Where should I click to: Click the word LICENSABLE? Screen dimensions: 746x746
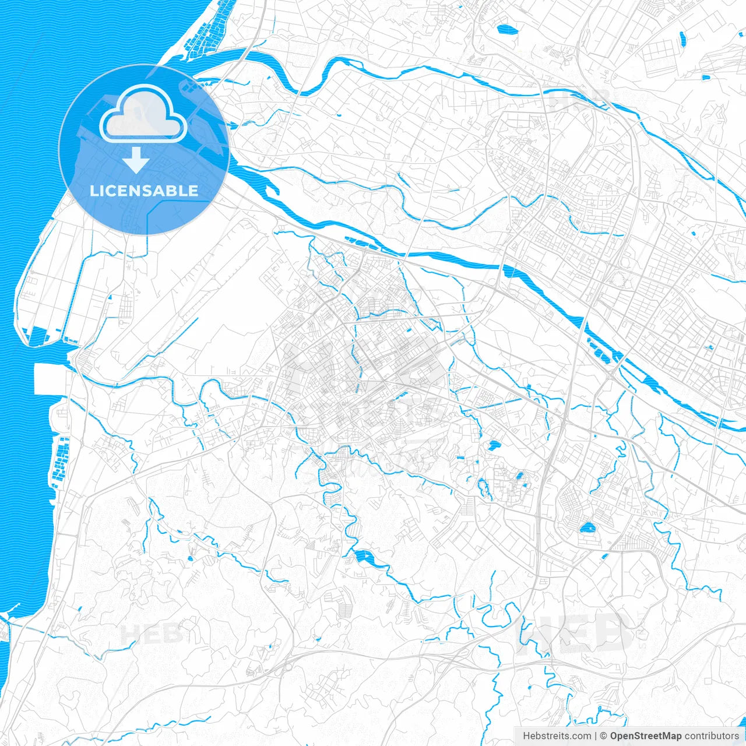[144, 191]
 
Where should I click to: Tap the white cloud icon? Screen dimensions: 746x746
[143, 114]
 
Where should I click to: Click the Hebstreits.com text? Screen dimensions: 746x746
[557, 736]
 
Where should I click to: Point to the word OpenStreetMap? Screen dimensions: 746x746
[645, 736]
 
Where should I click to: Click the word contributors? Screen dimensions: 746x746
[712, 736]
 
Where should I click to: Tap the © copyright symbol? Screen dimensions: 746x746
[604, 736]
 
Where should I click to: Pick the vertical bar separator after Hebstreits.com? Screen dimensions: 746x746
[596, 736]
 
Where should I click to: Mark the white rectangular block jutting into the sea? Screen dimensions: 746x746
[50, 379]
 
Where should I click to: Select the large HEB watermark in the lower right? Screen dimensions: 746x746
[574, 632]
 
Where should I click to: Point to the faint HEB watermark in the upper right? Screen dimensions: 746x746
[580, 99]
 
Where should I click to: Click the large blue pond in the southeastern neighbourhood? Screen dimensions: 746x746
[586, 529]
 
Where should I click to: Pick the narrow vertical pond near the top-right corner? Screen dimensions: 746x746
[682, 38]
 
